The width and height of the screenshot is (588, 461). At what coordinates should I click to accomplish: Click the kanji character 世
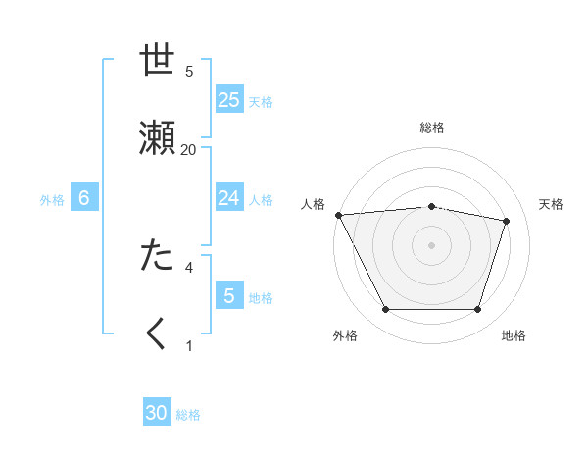pos(157,61)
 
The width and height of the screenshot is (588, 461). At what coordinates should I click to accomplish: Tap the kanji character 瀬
pos(157,139)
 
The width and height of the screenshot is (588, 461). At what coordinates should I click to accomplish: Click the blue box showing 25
pos(229,100)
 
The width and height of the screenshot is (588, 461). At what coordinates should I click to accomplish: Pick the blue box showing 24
pos(229,198)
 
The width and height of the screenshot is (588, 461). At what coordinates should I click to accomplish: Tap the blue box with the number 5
pos(229,295)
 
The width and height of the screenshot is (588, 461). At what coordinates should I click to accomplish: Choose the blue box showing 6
pos(84,198)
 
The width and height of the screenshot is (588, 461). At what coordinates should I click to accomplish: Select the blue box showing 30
pos(157,413)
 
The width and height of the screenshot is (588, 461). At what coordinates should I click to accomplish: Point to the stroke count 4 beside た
pos(189,266)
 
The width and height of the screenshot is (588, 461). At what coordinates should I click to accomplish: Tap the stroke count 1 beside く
pos(189,344)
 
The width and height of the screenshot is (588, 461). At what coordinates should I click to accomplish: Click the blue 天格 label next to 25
pos(261,101)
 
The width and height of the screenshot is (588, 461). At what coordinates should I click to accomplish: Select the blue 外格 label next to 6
pos(52,199)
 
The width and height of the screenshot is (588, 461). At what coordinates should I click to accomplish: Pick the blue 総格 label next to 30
pos(188,415)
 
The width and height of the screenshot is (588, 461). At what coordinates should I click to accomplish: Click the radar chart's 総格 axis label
pos(431,128)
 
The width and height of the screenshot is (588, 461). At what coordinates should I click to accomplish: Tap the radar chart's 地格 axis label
pos(514,335)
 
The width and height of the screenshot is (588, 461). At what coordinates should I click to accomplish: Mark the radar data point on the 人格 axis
pos(338,215)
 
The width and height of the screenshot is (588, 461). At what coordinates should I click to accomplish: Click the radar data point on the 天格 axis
pos(506,221)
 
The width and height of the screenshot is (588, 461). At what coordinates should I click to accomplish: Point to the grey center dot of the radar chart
pos(431,244)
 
